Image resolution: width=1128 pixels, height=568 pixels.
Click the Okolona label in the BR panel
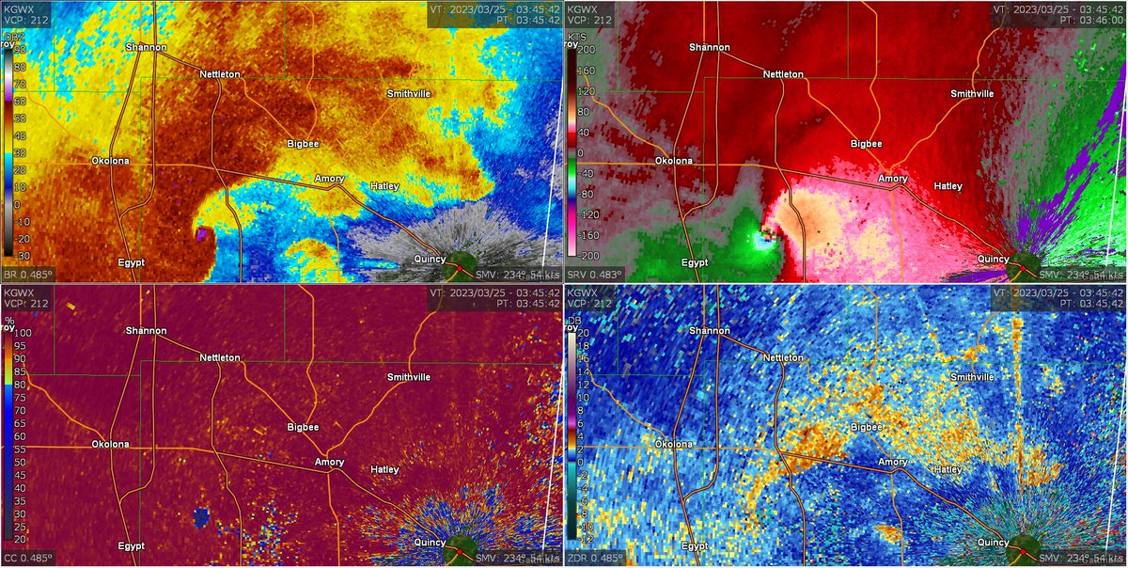click(x=110, y=160)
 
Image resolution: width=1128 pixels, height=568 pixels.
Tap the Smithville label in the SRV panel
click(x=972, y=94)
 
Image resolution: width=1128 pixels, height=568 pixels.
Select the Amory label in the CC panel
click(x=329, y=463)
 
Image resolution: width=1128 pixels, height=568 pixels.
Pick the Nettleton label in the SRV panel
click(x=783, y=73)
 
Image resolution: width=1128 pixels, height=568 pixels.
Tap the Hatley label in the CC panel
click(x=384, y=469)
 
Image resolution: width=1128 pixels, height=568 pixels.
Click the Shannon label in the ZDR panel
click(x=709, y=331)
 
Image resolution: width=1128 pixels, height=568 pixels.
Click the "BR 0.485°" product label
click(x=27, y=275)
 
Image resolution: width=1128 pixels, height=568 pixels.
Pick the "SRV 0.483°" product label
click(x=592, y=275)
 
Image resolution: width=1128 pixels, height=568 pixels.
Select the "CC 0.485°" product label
click(x=27, y=559)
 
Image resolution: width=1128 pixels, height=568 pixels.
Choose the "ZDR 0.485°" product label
click(x=593, y=559)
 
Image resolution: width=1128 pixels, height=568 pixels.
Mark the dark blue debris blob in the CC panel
click(x=199, y=515)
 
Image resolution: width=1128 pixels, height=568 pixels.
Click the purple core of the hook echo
click(x=202, y=232)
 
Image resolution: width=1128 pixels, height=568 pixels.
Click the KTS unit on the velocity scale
click(x=575, y=39)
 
